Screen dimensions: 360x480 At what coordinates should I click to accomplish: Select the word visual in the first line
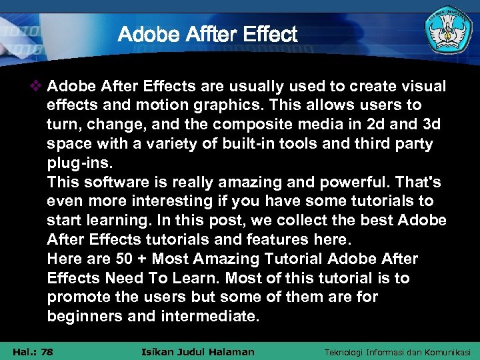point(422,87)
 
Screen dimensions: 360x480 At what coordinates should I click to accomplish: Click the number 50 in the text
point(125,259)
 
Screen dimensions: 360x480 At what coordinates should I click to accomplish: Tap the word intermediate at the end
point(209,317)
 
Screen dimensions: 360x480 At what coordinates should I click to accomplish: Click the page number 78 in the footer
point(46,352)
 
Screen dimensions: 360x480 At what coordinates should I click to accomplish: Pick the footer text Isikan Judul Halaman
point(199,352)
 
